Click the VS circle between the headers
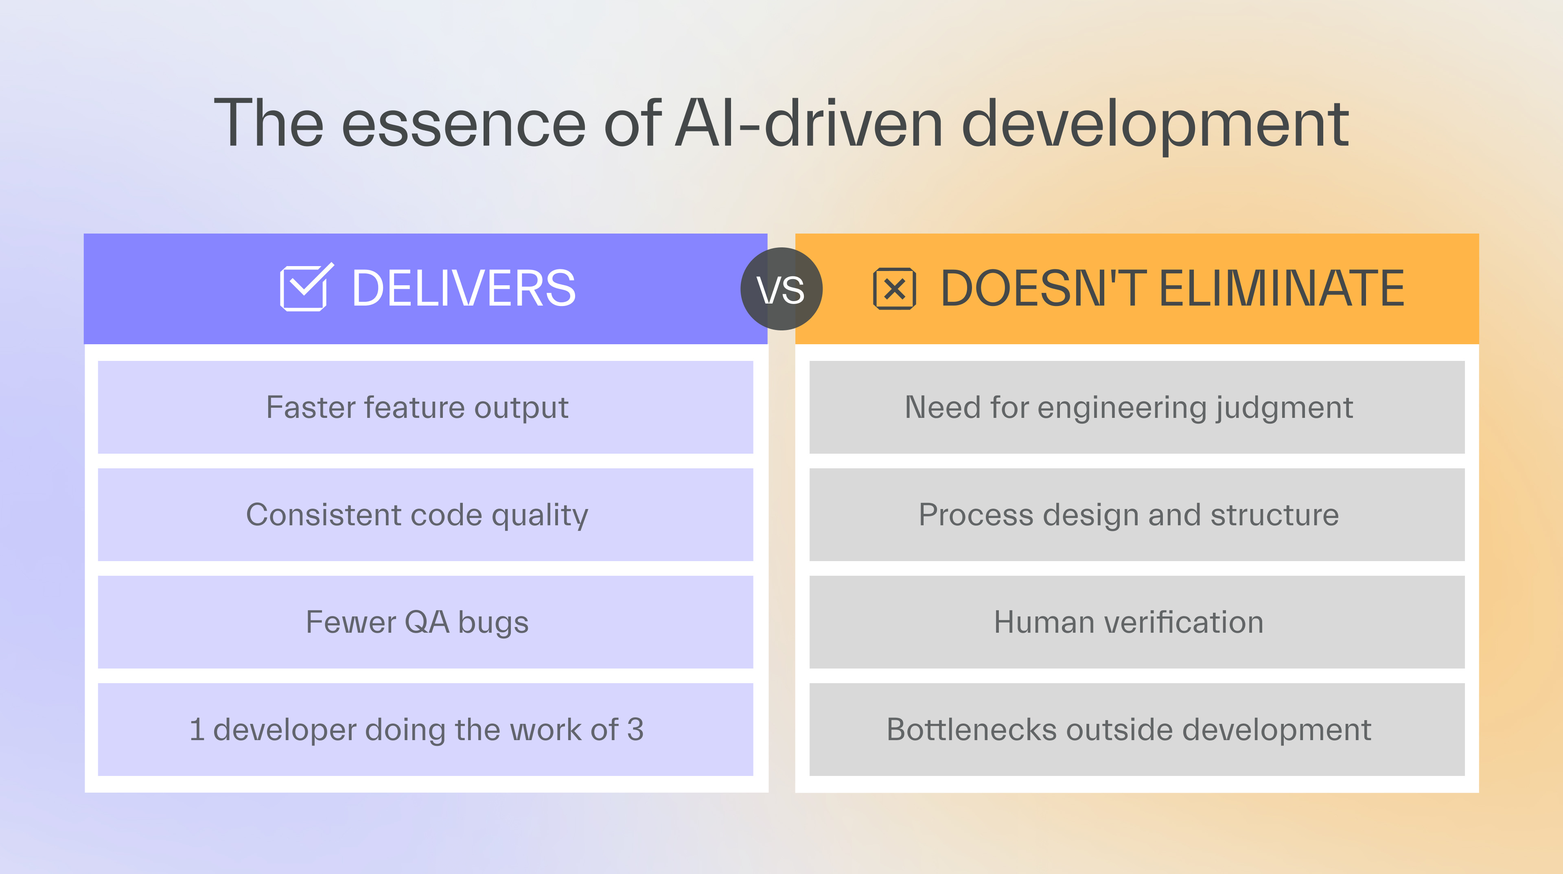[x=781, y=289]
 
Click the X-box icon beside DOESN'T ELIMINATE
[x=894, y=289]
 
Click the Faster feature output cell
[x=425, y=407]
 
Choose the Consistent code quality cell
[x=425, y=514]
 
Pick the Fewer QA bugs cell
[x=425, y=622]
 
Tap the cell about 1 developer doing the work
[x=425, y=729]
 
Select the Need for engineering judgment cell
[x=1137, y=407]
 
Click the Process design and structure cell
[x=1137, y=514]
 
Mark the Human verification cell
[x=1137, y=622]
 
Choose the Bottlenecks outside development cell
[x=1137, y=729]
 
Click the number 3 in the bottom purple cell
[x=635, y=729]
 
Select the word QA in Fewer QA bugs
[x=427, y=622]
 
